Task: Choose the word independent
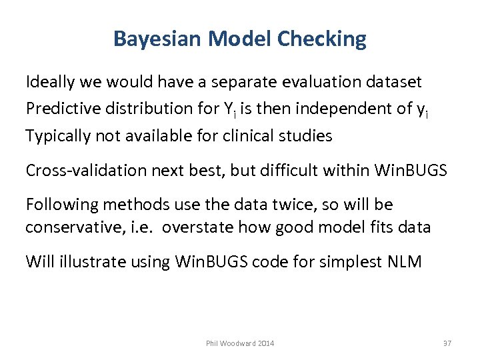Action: click(354, 109)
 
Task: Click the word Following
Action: click(59, 204)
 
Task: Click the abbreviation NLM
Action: click(404, 261)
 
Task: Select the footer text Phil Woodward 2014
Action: click(239, 343)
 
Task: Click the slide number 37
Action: click(447, 343)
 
